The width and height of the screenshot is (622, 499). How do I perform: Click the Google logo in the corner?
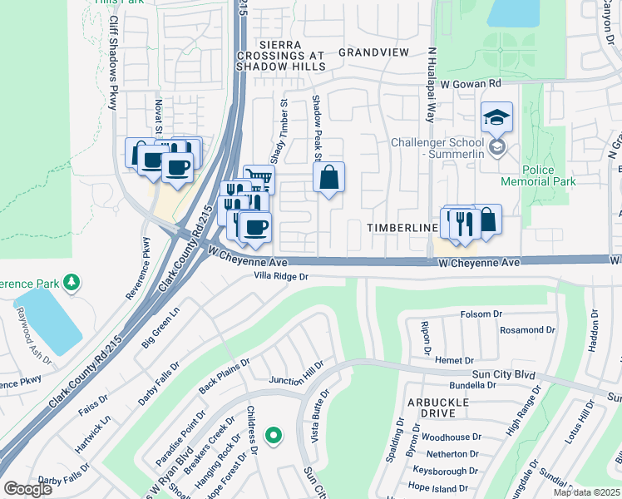pyautogui.click(x=27, y=489)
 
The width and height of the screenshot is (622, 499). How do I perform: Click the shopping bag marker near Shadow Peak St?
pyautogui.click(x=329, y=177)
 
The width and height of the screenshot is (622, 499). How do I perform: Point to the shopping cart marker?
pyautogui.click(x=260, y=177)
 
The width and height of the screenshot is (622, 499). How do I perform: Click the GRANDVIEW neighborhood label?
pyautogui.click(x=373, y=52)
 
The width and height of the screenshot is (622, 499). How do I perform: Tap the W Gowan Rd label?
pyautogui.click(x=471, y=84)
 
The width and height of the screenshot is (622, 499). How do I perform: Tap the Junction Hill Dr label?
pyautogui.click(x=295, y=379)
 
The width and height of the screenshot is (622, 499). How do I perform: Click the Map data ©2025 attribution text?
pyautogui.click(x=585, y=492)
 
